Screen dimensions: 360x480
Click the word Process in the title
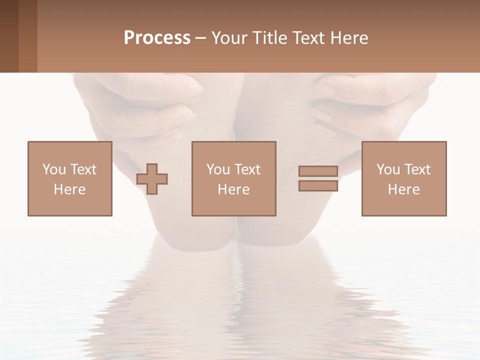[x=157, y=38]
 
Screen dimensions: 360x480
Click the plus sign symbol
[x=152, y=178]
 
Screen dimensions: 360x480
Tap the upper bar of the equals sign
[x=318, y=171]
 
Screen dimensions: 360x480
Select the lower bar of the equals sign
[x=318, y=185]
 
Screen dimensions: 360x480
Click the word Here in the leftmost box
[x=70, y=189]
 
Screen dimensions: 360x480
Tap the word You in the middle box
[x=218, y=169]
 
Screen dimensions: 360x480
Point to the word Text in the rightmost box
[x=417, y=169]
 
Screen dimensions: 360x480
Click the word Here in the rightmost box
[x=404, y=189]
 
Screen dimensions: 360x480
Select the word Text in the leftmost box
[x=83, y=169]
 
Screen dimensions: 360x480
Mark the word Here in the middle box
[x=234, y=189]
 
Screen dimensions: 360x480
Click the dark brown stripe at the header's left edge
[x=9, y=36]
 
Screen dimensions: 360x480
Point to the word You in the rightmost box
[x=388, y=169]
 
